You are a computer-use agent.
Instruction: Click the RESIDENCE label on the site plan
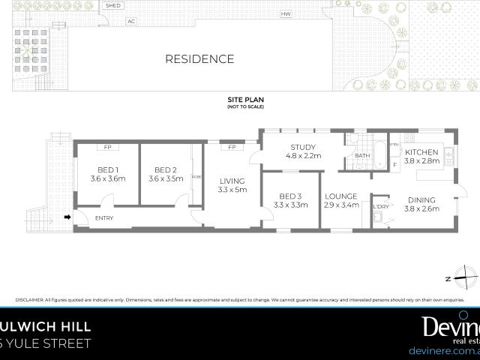pyautogui.click(x=199, y=59)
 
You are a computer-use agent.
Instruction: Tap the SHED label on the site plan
pyautogui.click(x=113, y=5)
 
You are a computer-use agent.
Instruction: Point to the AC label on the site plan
pyautogui.click(x=131, y=21)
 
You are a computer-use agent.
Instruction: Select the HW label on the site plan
pyautogui.click(x=285, y=14)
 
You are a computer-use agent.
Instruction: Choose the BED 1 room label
pyautogui.click(x=108, y=169)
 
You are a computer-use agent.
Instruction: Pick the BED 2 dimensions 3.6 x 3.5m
pyautogui.click(x=166, y=179)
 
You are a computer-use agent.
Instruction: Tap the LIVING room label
pyautogui.click(x=232, y=181)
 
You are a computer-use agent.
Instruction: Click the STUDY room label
pyautogui.click(x=302, y=147)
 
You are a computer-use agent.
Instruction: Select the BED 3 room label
pyautogui.click(x=291, y=195)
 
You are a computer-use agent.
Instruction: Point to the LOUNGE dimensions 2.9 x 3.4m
pyautogui.click(x=341, y=205)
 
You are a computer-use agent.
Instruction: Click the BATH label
pyautogui.click(x=363, y=156)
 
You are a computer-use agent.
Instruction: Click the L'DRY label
pyautogui.click(x=381, y=206)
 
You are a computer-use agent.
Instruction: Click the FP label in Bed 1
pyautogui.click(x=108, y=147)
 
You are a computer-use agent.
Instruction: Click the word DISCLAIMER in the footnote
pyautogui.click(x=31, y=299)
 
